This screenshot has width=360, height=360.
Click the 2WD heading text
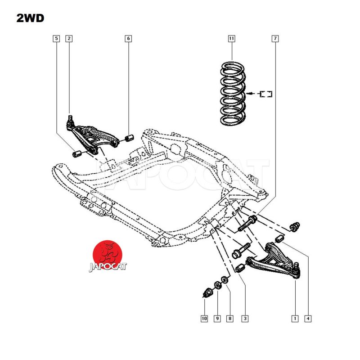[30, 18]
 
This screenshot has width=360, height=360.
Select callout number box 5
[56, 38]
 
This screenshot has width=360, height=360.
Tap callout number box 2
[69, 38]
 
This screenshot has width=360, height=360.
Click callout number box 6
[128, 38]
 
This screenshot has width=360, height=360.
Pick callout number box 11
[231, 38]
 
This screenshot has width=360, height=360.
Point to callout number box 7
[275, 38]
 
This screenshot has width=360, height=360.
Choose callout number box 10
[204, 319]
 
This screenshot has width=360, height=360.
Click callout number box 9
[217, 319]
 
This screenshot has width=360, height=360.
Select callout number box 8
[230, 319]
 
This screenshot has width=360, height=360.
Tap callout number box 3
[245, 319]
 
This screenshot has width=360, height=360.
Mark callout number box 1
[295, 319]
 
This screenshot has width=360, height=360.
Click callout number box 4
[308, 319]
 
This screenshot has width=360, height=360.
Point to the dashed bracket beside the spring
[266, 94]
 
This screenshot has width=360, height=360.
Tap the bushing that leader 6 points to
[129, 137]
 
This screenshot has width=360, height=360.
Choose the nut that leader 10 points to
[208, 293]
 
